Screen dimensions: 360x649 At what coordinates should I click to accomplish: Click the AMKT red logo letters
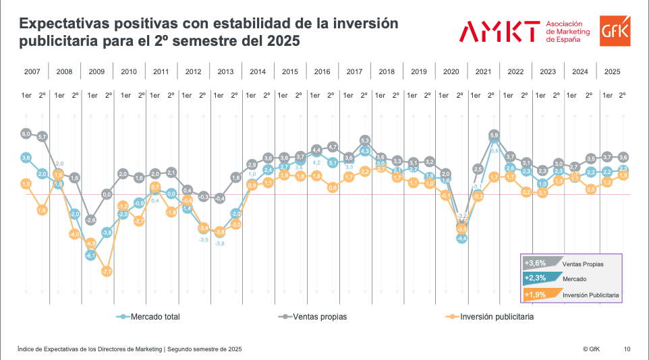(x=500, y=31)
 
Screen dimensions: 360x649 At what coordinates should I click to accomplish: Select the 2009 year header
(x=96, y=71)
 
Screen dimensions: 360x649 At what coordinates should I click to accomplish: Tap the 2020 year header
(x=451, y=71)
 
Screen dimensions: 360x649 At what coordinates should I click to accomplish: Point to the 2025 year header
(x=613, y=71)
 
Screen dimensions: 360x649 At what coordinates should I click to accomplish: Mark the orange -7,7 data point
(x=107, y=272)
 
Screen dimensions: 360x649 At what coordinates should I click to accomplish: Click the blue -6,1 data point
(x=90, y=256)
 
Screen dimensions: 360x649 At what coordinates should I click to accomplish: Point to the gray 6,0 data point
(x=26, y=133)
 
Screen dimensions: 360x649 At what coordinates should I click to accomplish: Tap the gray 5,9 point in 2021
(x=494, y=136)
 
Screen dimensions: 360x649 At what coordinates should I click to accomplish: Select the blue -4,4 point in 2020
(x=462, y=238)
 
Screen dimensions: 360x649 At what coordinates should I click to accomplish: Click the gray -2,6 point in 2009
(x=90, y=220)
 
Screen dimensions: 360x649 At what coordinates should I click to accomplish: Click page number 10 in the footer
(x=627, y=349)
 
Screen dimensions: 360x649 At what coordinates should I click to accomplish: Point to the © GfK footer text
(x=591, y=349)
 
